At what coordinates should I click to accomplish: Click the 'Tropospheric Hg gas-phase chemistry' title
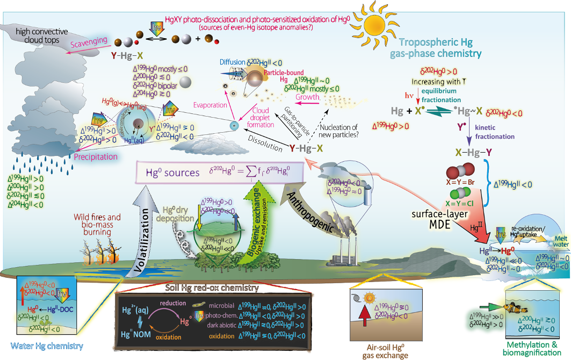441,48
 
